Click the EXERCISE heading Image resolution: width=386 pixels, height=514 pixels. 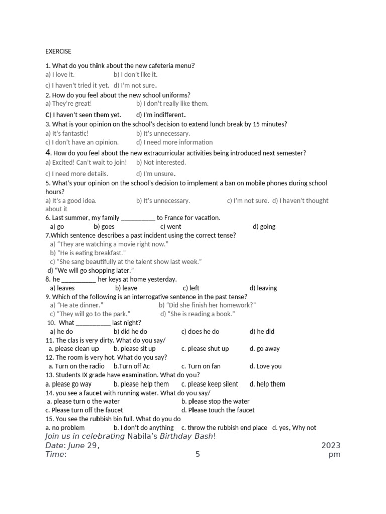[58, 51]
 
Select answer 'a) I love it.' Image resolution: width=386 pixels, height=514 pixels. [60, 75]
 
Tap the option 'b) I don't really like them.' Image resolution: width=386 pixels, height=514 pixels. [172, 104]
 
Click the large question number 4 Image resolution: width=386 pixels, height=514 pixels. [48, 152]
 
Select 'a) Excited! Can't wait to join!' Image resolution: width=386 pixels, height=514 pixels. [86, 162]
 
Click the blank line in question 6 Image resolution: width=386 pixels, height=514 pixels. [138, 218]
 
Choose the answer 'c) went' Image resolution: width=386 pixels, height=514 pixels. [171, 227]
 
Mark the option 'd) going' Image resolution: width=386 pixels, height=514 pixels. [264, 227]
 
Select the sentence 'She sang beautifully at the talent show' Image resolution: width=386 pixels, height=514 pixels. [126, 262]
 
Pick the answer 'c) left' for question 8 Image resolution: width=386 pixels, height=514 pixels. [191, 288]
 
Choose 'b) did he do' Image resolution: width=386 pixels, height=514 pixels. [130, 332]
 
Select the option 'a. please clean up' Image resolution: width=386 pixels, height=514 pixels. [74, 349]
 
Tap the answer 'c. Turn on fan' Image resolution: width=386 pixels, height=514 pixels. [201, 366]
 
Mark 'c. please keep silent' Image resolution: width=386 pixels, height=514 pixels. [210, 384]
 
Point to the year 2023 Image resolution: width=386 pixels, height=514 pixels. [331, 446]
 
